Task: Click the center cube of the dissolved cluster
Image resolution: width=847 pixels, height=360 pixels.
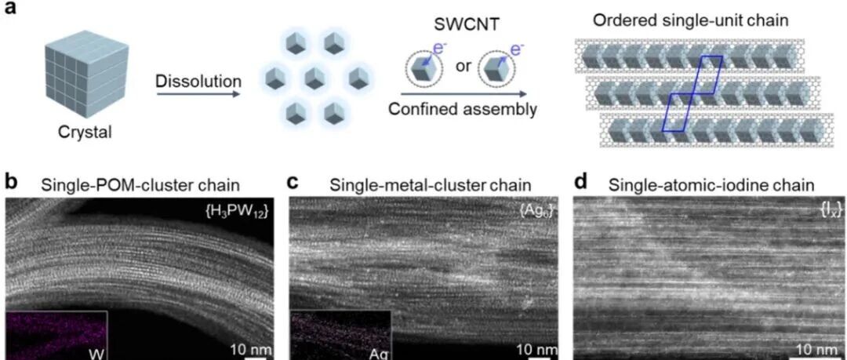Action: coord(314,79)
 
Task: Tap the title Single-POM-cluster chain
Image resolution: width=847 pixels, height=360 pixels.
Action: coord(140,185)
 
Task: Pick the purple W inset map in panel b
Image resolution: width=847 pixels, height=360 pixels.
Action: coord(56,335)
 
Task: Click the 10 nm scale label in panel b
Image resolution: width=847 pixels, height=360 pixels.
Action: coord(247,349)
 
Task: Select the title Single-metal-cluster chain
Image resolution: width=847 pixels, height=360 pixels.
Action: coord(431,185)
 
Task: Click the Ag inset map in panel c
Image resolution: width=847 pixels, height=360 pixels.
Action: coord(340,335)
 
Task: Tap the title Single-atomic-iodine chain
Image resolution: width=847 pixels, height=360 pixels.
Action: coord(711,185)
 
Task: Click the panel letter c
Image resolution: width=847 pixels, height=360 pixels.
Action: coord(293,185)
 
